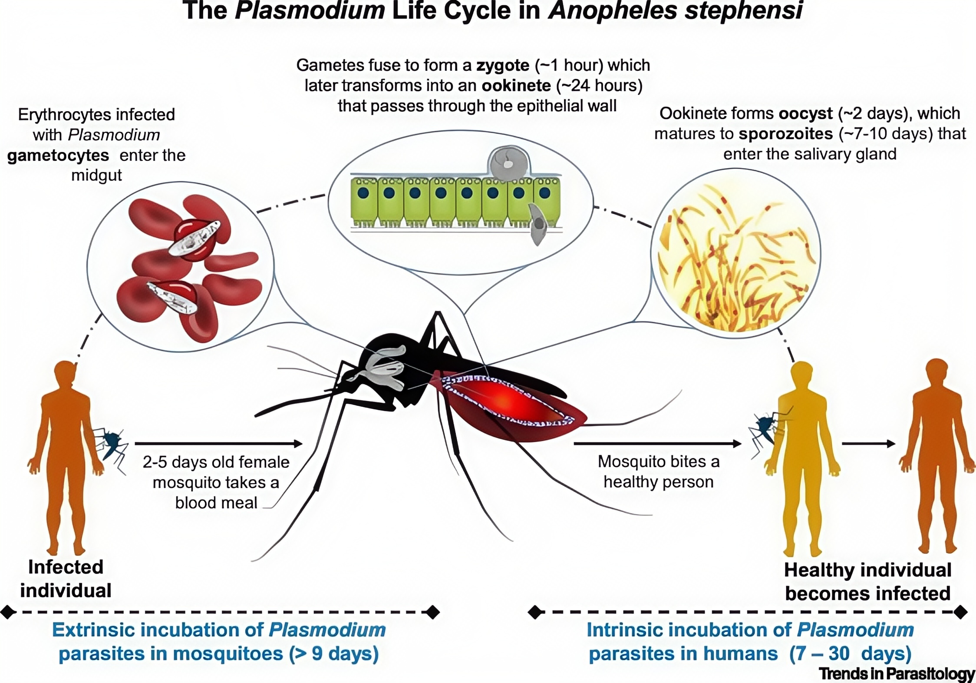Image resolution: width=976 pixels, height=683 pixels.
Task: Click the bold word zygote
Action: click(x=503, y=66)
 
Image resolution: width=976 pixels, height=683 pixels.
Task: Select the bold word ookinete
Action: click(x=516, y=86)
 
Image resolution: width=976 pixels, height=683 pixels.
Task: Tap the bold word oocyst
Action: click(x=805, y=113)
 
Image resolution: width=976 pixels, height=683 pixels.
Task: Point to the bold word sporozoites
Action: click(x=786, y=134)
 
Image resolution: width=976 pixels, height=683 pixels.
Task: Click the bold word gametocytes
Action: click(x=58, y=156)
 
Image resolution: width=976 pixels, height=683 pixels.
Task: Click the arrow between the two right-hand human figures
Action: click(x=868, y=444)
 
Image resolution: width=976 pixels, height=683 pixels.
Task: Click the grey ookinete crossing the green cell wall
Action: click(x=538, y=224)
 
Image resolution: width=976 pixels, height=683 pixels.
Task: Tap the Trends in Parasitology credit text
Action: click(x=896, y=673)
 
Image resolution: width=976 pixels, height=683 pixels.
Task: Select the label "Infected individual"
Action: click(x=66, y=579)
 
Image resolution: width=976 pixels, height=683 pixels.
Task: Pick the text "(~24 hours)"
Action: click(x=599, y=86)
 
